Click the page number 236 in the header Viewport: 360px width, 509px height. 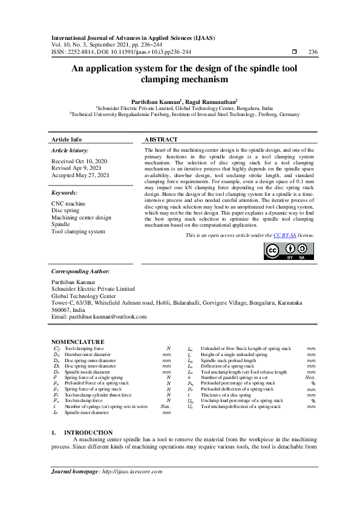click(313, 53)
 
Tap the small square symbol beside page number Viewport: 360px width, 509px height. click(295, 53)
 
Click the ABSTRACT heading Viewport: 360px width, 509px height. click(162, 139)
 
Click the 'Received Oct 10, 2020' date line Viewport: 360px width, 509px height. click(79, 161)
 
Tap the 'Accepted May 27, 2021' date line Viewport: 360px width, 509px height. click(81, 175)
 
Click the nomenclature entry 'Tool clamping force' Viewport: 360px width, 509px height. click(84, 349)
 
